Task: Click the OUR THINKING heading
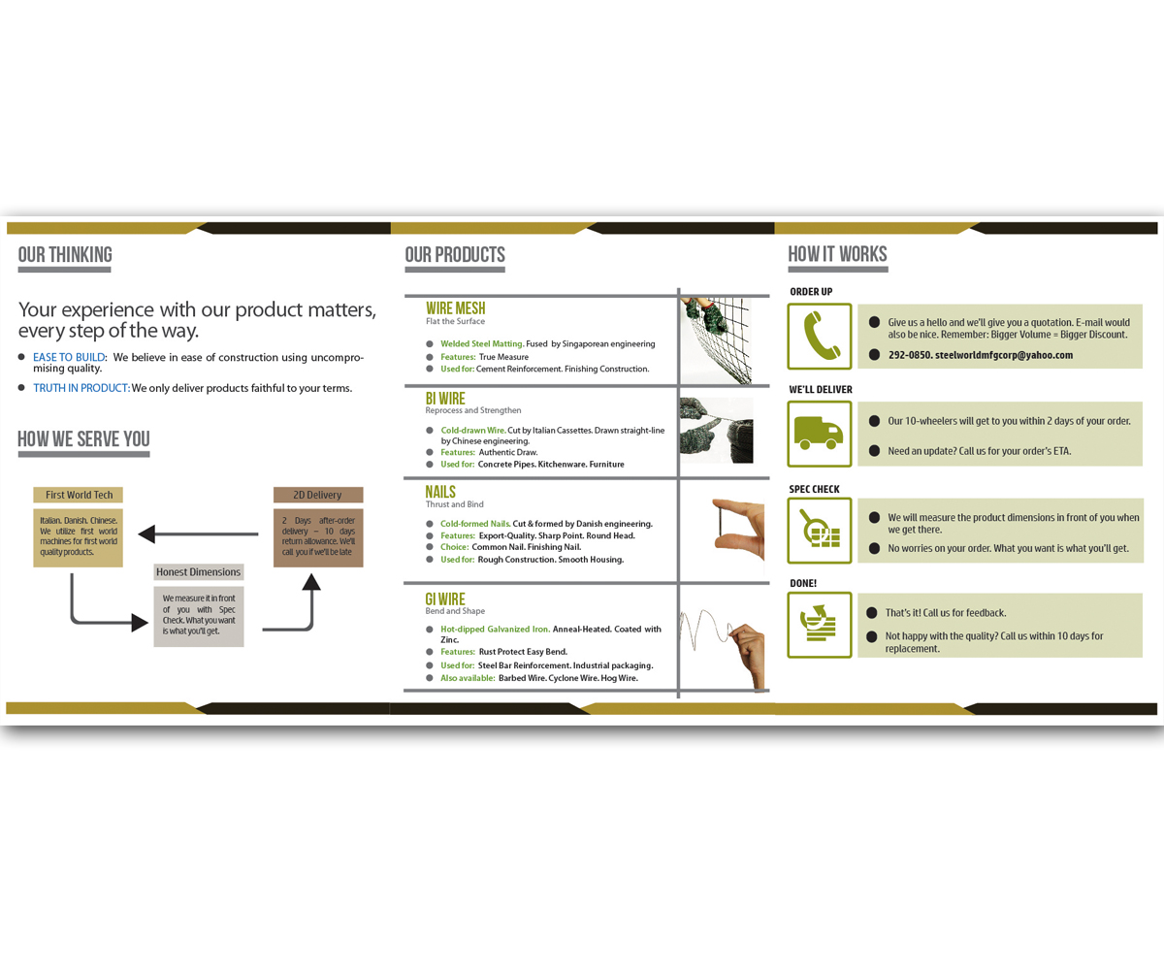pyautogui.click(x=65, y=255)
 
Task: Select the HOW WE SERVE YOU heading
pyautogui.click(x=83, y=439)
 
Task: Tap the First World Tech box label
pyautogui.click(x=79, y=495)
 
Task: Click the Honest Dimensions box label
pyautogui.click(x=198, y=571)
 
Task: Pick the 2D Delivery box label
pyautogui.click(x=317, y=495)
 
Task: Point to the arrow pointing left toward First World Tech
pyautogui.click(x=198, y=533)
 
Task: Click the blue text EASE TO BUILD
pyautogui.click(x=69, y=357)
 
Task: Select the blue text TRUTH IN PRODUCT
pyautogui.click(x=81, y=388)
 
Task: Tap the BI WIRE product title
pyautogui.click(x=445, y=398)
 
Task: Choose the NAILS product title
pyautogui.click(x=440, y=492)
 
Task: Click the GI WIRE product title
pyautogui.click(x=446, y=598)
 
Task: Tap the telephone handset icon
pyautogui.click(x=820, y=337)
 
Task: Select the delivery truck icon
pyautogui.click(x=820, y=432)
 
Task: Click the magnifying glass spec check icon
pyautogui.click(x=820, y=531)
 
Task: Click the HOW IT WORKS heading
pyautogui.click(x=837, y=255)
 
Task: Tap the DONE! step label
pyautogui.click(x=803, y=583)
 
